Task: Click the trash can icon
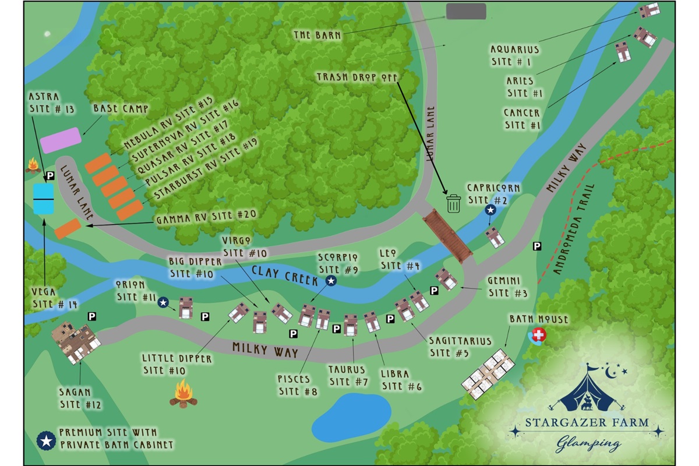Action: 453,203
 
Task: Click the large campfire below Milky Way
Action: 183,393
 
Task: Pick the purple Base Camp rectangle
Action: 60,140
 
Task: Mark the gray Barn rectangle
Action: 466,11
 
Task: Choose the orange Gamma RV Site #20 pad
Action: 68,228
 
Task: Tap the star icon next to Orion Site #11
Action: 164,302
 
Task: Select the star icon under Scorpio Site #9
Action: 331,281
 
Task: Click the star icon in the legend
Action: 45,441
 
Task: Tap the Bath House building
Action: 488,373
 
